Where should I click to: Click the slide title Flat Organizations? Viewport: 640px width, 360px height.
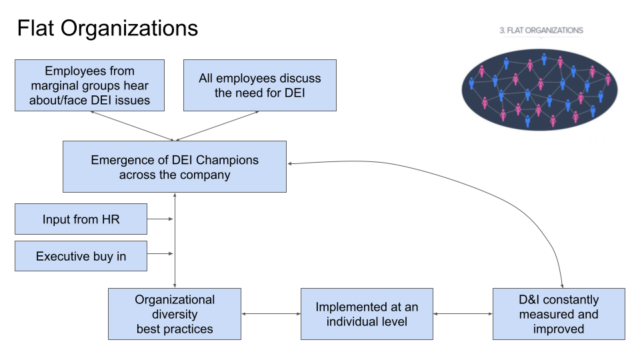(x=107, y=29)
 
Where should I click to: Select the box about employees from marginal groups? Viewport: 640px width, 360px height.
(x=89, y=85)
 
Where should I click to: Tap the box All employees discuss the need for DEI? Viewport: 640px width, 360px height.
(x=259, y=85)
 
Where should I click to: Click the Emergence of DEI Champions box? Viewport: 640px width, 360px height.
(x=175, y=167)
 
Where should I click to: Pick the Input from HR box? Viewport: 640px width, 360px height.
(x=81, y=219)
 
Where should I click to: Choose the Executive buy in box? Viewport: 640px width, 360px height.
(x=81, y=256)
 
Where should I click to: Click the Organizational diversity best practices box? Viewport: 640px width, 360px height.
(x=175, y=314)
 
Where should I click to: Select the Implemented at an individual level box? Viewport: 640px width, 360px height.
(x=367, y=314)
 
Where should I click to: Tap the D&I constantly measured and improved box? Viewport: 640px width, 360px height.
(x=559, y=314)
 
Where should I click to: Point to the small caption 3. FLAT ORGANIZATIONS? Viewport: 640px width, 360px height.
(x=541, y=31)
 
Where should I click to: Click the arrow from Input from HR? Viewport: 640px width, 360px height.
(x=161, y=219)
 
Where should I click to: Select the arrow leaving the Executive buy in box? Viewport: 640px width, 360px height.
(x=161, y=254)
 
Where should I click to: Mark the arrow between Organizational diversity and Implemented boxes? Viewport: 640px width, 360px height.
(x=271, y=313)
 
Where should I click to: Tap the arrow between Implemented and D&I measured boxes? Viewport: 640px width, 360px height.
(x=463, y=313)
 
